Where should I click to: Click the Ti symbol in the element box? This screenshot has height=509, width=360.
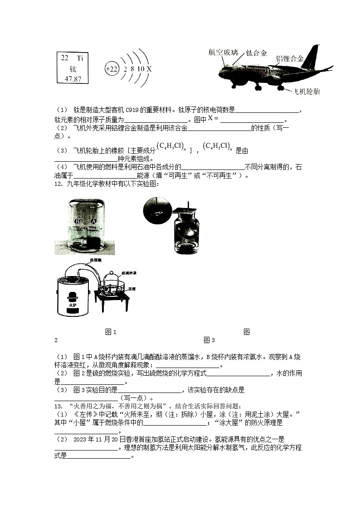pyautogui.click(x=80, y=58)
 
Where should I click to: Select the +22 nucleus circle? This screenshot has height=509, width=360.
pyautogui.click(x=112, y=69)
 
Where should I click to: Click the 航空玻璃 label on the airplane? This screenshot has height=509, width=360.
pyautogui.click(x=223, y=52)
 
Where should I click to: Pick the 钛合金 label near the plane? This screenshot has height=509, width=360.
pyautogui.click(x=256, y=53)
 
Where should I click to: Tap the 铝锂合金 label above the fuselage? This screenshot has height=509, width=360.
pyautogui.click(x=290, y=58)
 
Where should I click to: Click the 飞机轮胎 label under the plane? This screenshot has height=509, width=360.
pyautogui.click(x=307, y=92)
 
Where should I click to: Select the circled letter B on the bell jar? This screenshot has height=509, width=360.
pyautogui.click(x=78, y=222)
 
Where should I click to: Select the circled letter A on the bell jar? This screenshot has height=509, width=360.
pyautogui.click(x=94, y=222)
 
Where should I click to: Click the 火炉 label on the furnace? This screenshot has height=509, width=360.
pyautogui.click(x=73, y=305)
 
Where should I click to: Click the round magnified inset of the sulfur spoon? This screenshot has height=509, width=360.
pyautogui.click(x=156, y=211)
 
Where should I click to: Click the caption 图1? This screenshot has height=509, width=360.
pyautogui.click(x=111, y=332)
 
